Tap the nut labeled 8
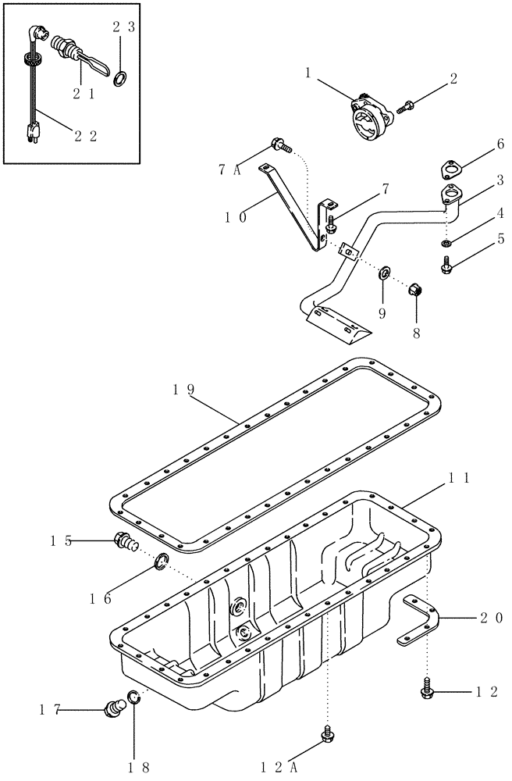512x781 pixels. pos(418,291)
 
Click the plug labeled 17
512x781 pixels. pos(116,708)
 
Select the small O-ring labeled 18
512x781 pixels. pos(134,698)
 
